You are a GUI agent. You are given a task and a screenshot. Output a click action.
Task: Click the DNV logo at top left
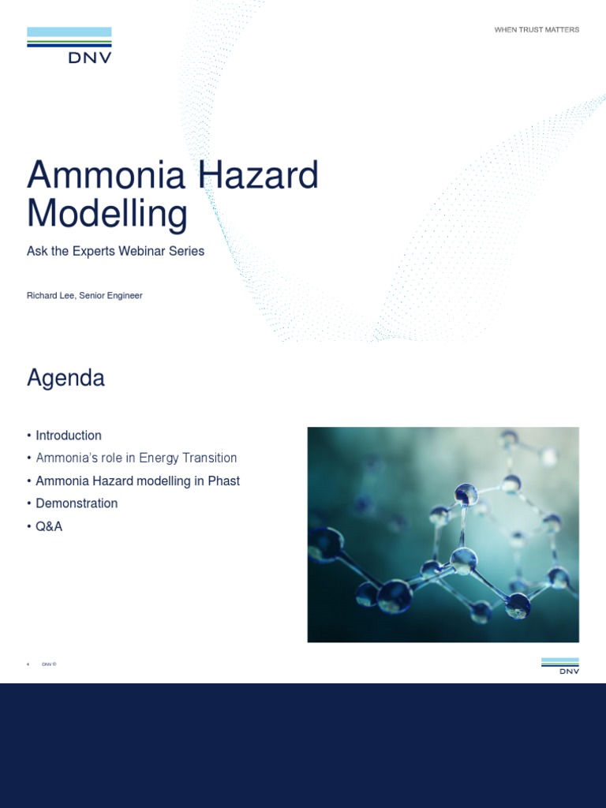[x=69, y=45]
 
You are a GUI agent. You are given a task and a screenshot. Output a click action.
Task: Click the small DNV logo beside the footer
[x=559, y=666]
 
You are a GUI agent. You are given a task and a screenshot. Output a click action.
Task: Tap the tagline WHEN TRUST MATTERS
[x=537, y=30]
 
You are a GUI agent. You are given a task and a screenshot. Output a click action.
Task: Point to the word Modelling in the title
[x=107, y=213]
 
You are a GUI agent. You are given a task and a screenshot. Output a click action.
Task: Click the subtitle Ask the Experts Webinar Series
[x=115, y=251]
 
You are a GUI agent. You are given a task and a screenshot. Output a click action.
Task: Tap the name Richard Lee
[x=50, y=296]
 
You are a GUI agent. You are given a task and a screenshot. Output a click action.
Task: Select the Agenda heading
[x=65, y=378]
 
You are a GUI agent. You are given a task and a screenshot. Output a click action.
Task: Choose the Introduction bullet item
[x=69, y=436]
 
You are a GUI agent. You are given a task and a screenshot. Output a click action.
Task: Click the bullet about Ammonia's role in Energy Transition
[x=136, y=458]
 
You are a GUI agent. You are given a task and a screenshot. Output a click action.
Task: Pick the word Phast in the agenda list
[x=223, y=481]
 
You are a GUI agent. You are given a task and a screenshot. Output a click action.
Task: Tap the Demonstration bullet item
[x=77, y=503]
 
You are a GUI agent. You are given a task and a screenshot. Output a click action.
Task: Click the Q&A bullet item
[x=49, y=526]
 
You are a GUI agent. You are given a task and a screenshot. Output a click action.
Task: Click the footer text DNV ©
[x=49, y=664]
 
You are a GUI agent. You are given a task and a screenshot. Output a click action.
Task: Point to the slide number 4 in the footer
[x=28, y=664]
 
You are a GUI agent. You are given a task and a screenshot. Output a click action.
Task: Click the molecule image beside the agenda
[x=443, y=534]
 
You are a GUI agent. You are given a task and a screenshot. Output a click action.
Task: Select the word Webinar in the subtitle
[x=144, y=251]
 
